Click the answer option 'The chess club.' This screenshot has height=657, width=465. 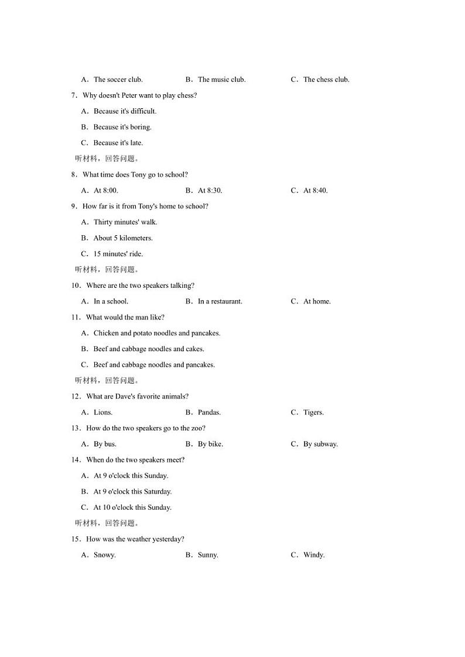(326, 80)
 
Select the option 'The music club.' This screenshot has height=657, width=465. (221, 80)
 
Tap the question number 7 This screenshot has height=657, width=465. (74, 95)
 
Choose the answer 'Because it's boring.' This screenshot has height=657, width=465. (122, 127)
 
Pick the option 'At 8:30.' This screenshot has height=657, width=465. (210, 191)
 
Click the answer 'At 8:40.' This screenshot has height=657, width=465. (315, 191)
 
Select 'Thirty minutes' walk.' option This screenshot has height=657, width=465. (125, 222)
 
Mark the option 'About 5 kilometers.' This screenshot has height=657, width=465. (123, 238)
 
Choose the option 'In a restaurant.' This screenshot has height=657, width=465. (220, 302)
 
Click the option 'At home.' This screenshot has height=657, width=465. (317, 302)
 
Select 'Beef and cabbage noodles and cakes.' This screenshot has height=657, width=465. (149, 349)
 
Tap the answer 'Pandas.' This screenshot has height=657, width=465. (209, 412)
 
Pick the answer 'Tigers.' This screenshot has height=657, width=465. (313, 412)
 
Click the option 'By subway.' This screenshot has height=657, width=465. (320, 444)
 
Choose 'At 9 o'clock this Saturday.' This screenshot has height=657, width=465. (132, 492)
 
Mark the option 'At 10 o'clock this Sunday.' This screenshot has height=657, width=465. (132, 508)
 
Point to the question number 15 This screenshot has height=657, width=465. (76, 539)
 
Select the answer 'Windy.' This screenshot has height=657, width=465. (314, 555)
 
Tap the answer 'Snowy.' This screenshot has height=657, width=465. (105, 555)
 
